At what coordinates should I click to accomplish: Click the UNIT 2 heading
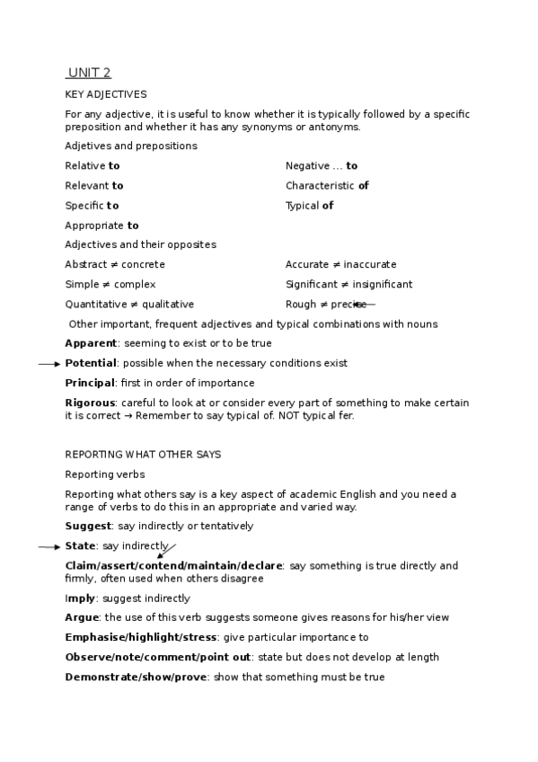pyautogui.click(x=89, y=73)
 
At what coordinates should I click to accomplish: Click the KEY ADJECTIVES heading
pyautogui.click(x=106, y=94)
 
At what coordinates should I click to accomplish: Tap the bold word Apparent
pyautogui.click(x=91, y=343)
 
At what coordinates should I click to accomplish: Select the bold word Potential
pyautogui.click(x=91, y=363)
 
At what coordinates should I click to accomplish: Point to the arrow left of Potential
pyautogui.click(x=49, y=364)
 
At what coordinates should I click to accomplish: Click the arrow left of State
pyautogui.click(x=49, y=546)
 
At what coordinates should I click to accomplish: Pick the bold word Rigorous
pyautogui.click(x=91, y=403)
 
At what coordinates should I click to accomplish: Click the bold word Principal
pyautogui.click(x=90, y=383)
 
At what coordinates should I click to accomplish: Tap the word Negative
pyautogui.click(x=307, y=166)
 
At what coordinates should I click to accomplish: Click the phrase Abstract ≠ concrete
pyautogui.click(x=115, y=265)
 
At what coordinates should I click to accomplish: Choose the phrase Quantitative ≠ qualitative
pyautogui.click(x=129, y=305)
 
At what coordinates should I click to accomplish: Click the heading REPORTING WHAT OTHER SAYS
pyautogui.click(x=143, y=455)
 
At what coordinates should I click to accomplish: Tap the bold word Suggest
pyautogui.click(x=88, y=527)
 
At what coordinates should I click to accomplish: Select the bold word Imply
pyautogui.click(x=80, y=598)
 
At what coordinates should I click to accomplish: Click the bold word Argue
pyautogui.click(x=82, y=618)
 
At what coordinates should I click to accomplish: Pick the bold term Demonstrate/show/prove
pyautogui.click(x=137, y=678)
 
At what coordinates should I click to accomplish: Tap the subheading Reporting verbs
pyautogui.click(x=105, y=474)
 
